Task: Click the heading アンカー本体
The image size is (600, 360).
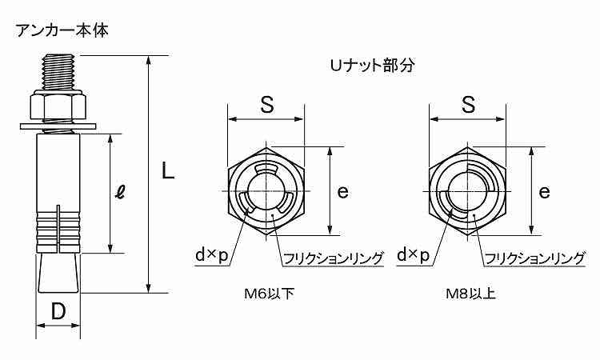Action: (x=62, y=30)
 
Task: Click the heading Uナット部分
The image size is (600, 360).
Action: (x=372, y=66)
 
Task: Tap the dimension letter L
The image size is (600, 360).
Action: (x=167, y=171)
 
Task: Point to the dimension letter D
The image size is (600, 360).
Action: (x=58, y=311)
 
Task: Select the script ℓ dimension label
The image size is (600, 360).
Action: (x=121, y=193)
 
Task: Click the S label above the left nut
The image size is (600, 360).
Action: (x=266, y=104)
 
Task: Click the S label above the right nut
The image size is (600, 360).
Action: (x=468, y=104)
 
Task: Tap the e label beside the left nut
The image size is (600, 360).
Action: (x=343, y=191)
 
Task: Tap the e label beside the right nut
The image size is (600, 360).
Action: (x=544, y=191)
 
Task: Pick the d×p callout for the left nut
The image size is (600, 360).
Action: (x=212, y=254)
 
